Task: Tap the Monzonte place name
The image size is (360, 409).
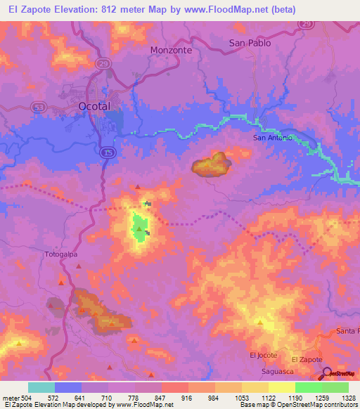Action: (x=170, y=51)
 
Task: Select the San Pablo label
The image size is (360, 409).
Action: (x=250, y=43)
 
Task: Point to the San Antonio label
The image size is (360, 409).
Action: (x=271, y=138)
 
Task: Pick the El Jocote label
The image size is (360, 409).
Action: (x=263, y=356)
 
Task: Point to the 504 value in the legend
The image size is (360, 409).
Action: (x=25, y=397)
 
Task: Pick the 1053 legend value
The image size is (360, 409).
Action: (x=242, y=397)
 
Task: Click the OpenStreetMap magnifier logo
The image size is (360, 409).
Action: (x=327, y=373)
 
